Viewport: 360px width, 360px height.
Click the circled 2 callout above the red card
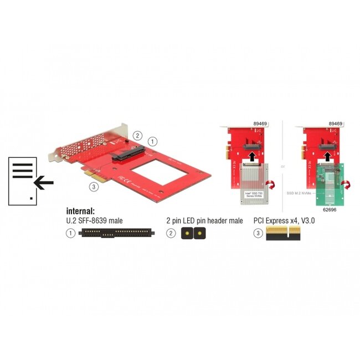[x=138, y=136]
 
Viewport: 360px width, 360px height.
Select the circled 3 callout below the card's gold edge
[x=95, y=186]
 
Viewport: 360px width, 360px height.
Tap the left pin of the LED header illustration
[x=187, y=234]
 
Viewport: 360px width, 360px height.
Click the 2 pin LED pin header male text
[x=204, y=221]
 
